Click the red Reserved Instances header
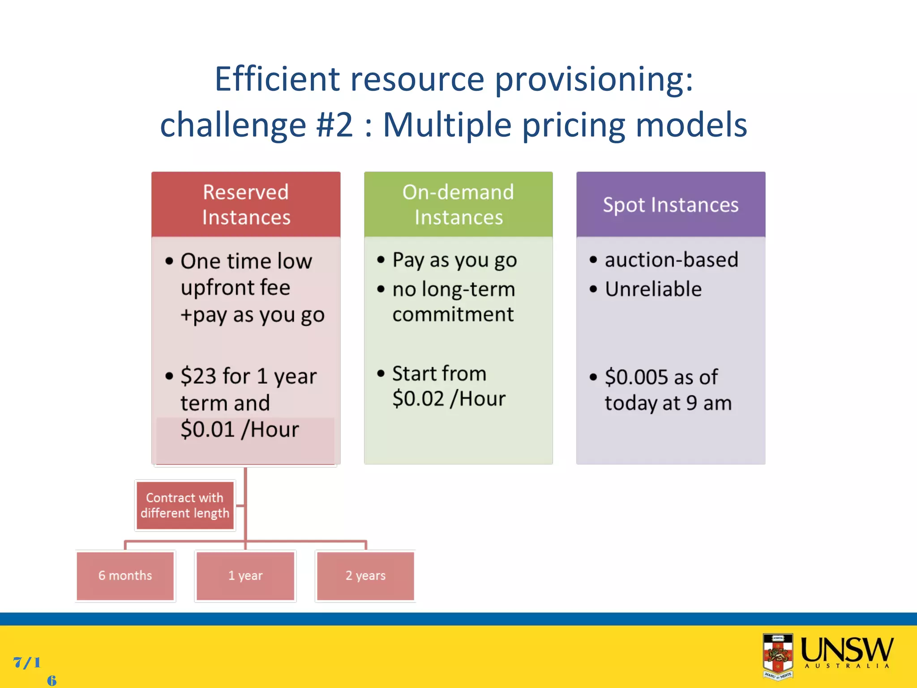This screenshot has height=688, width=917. (x=246, y=204)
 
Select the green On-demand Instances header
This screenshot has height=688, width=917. (x=458, y=204)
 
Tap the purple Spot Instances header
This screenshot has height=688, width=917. (x=670, y=204)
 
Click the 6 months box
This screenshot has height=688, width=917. (x=125, y=576)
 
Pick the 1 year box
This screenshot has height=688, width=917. (x=245, y=576)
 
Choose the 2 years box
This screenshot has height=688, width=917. (x=365, y=576)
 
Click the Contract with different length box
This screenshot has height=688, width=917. (x=185, y=505)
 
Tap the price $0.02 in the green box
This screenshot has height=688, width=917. (x=418, y=399)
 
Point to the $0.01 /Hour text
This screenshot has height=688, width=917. (x=240, y=429)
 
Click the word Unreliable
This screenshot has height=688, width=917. (x=653, y=289)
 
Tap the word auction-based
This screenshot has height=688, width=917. (x=671, y=260)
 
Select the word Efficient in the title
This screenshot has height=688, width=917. (x=277, y=79)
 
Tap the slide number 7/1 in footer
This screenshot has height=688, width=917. (x=27, y=662)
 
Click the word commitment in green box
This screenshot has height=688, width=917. (x=453, y=314)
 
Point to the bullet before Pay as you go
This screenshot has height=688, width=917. (x=381, y=260)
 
